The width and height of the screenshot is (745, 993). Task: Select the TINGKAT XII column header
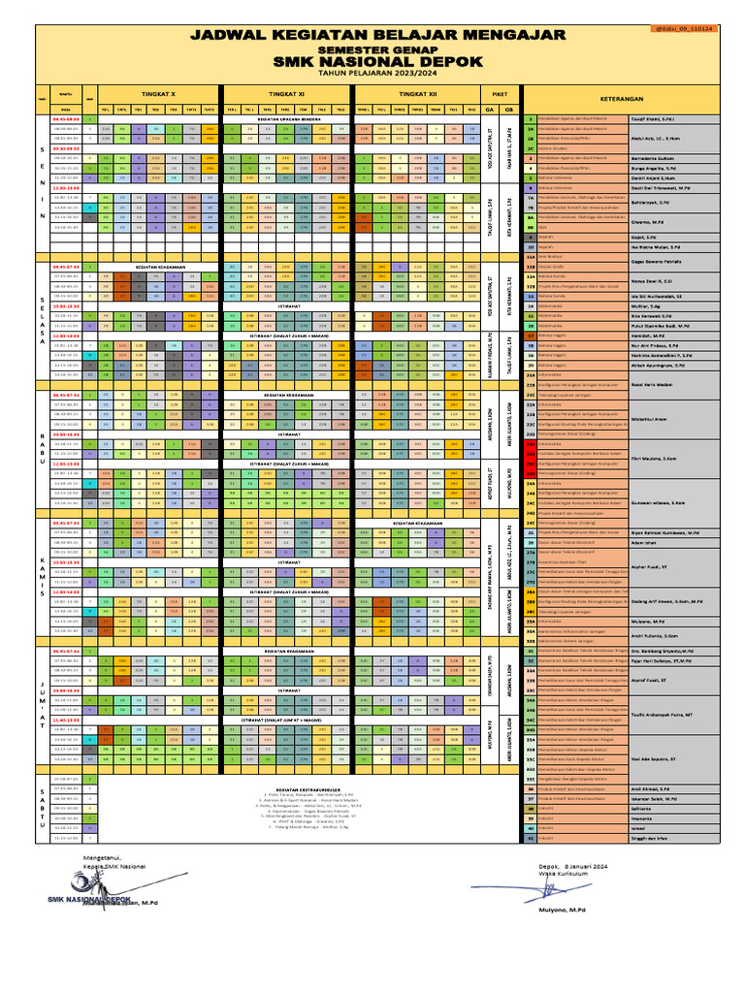coord(418,95)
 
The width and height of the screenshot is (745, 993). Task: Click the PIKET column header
coord(501,95)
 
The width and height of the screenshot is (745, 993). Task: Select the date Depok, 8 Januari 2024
coord(573,866)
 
